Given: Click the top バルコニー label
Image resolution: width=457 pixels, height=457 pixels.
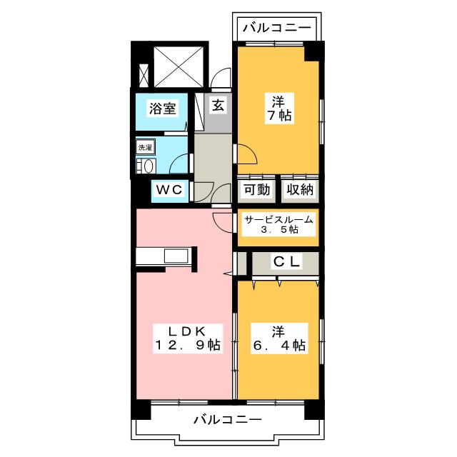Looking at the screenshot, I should [x=276, y=29].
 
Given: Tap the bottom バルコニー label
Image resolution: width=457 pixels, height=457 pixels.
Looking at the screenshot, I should [x=228, y=419].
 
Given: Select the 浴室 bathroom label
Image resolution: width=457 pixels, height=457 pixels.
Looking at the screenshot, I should [x=162, y=109].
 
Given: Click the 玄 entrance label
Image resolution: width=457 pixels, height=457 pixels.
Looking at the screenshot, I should [x=219, y=105].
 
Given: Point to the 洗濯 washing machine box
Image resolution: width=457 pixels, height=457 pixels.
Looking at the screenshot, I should [x=145, y=147].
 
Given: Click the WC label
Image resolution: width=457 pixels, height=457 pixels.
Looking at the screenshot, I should [x=171, y=190].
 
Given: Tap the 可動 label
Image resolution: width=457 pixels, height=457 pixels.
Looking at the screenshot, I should [x=256, y=190].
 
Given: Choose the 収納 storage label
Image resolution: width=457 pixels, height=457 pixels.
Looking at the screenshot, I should [x=300, y=190].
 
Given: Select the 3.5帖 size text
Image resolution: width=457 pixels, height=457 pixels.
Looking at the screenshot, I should [x=278, y=231].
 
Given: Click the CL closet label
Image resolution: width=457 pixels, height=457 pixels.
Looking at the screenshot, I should [x=288, y=262].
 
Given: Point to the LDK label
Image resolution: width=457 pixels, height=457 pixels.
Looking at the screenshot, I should [x=187, y=331].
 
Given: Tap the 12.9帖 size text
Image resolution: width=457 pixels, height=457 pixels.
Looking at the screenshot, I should [x=187, y=346].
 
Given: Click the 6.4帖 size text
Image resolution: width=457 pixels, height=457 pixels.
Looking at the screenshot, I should [x=278, y=346].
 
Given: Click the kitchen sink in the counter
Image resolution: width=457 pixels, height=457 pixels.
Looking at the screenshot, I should [x=175, y=256].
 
